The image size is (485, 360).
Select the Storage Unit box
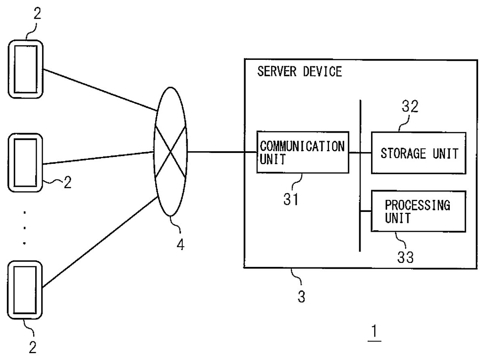[419, 153]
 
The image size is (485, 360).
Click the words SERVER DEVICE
[299, 72]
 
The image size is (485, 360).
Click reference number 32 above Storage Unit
[410, 107]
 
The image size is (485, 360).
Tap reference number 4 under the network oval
[181, 244]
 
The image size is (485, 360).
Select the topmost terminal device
[25, 69]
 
